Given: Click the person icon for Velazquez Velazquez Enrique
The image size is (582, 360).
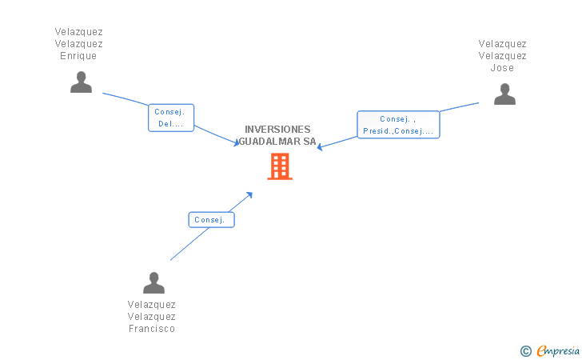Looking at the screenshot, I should point(81,82).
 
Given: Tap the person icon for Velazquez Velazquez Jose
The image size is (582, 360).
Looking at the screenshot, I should point(504,94).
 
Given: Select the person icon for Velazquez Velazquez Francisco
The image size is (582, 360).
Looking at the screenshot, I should point(153,282).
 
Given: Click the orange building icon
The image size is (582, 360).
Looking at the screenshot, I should point(279,166).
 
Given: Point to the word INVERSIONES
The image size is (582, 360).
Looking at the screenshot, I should point(277,130).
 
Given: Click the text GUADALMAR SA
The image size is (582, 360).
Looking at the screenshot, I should point(277,142).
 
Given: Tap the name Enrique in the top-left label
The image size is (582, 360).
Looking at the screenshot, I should point(78,56).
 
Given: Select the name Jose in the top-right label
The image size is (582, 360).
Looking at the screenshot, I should point(502,68).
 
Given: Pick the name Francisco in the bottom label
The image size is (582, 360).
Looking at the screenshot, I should point(152,329).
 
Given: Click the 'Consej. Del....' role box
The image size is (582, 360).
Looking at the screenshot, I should point(171,118).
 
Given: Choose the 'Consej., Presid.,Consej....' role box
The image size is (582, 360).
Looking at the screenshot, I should point(398,125).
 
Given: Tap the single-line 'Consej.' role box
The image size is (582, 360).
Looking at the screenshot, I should point(212,219).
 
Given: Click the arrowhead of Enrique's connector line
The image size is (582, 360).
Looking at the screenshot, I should point(236,143).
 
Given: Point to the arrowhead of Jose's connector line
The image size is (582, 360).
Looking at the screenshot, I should point(320,147).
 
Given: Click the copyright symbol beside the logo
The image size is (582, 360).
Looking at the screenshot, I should point(525,350).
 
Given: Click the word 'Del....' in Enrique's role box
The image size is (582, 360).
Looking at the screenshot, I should point(171,124).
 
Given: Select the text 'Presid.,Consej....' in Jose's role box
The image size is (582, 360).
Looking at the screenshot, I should point(398,131).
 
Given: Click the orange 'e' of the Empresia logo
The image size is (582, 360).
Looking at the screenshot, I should point(541,350).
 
